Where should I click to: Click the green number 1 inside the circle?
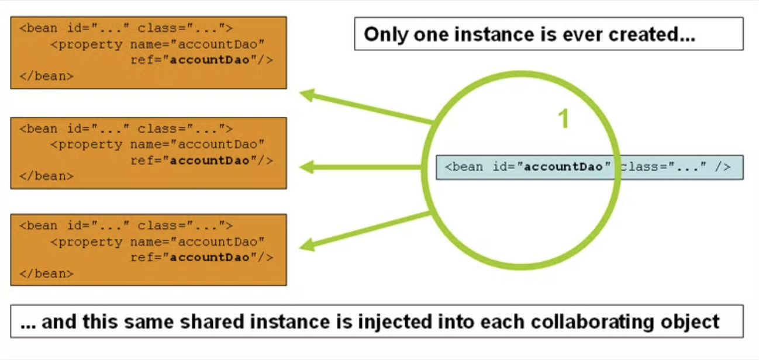pyautogui.click(x=563, y=119)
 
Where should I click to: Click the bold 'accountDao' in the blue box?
pyautogui.click(x=564, y=167)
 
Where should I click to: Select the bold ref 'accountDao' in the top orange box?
pyautogui.click(x=209, y=60)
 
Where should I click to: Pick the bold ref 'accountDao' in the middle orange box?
pyautogui.click(x=209, y=160)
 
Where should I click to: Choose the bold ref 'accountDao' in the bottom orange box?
pyautogui.click(x=209, y=257)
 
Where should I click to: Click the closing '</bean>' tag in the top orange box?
pyautogui.click(x=46, y=76)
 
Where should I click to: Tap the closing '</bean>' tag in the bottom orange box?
pyautogui.click(x=46, y=273)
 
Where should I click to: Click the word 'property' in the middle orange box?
pyautogui.click(x=91, y=144)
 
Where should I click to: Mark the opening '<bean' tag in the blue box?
pyautogui.click(x=464, y=167)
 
